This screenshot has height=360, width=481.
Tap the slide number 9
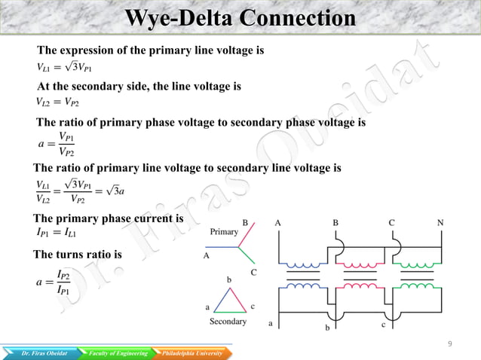pos(449,343)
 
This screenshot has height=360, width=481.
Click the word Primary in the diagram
pos(224,232)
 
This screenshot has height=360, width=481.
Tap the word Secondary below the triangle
pos(228,321)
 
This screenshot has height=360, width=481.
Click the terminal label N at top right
pos(440,223)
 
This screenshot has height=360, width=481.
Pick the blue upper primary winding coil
pos(305,265)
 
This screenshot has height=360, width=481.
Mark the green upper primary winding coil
pos(412,265)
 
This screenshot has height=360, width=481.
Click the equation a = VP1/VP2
pos(56,142)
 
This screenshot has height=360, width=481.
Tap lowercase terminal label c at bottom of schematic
pos(383,324)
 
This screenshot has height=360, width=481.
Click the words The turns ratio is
pos(78,255)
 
